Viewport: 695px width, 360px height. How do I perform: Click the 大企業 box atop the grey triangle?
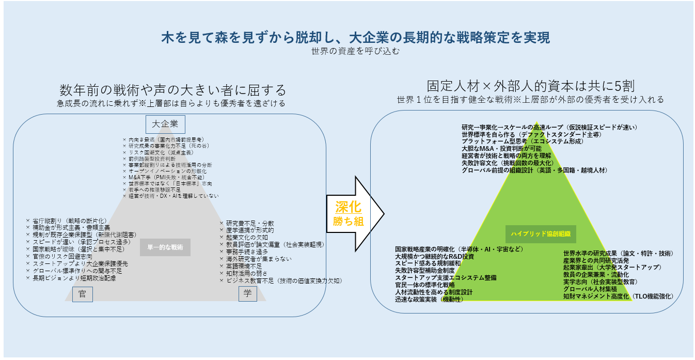[x=165, y=124]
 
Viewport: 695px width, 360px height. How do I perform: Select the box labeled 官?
[x=82, y=294]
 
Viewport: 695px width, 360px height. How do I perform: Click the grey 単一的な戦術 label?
[x=165, y=247]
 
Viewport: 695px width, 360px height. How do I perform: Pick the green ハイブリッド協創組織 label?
[x=541, y=233]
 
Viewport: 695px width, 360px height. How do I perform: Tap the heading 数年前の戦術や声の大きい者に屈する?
[x=172, y=90]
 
